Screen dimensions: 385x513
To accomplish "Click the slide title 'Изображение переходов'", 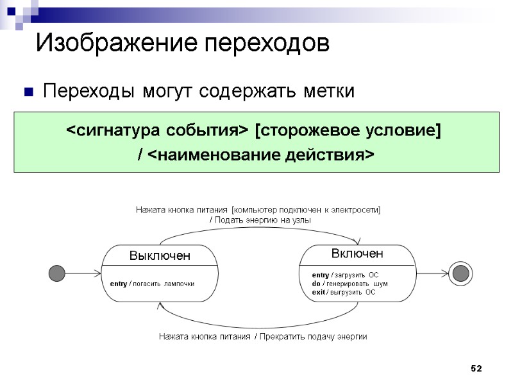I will pyautogui.click(x=182, y=44).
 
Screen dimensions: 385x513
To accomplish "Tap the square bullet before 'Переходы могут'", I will pyautogui.click(x=28, y=92).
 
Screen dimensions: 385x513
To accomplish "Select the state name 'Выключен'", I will pyautogui.click(x=160, y=255).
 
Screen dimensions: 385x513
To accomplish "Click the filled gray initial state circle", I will pyautogui.click(x=57, y=273).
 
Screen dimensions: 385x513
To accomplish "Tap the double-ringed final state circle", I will pyautogui.click(x=460, y=273).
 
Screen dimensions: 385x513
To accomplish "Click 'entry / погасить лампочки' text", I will pyautogui.click(x=152, y=283).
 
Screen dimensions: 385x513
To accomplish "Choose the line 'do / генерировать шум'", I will pyautogui.click(x=349, y=284).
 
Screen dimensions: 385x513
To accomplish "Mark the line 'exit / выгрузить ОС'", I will pyautogui.click(x=344, y=292).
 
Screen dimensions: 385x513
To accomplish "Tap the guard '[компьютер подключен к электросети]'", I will pyautogui.click(x=307, y=210).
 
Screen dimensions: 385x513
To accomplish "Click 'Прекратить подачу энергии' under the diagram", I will pyautogui.click(x=313, y=336).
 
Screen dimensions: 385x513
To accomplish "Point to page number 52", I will pyautogui.click(x=476, y=368).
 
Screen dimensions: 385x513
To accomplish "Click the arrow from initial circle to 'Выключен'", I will pyautogui.click(x=83, y=273).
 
